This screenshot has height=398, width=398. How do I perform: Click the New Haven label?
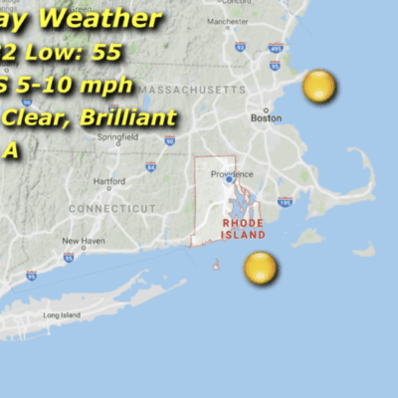[84, 241]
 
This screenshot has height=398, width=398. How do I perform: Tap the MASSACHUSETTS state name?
[191, 91]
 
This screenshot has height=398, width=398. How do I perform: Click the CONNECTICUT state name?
[112, 208]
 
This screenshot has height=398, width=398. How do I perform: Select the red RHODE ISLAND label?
[244, 229]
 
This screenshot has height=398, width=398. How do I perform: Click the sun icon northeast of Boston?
[319, 87]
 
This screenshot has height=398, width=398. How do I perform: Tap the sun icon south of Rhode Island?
[260, 267]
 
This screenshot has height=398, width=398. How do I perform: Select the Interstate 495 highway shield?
[276, 47]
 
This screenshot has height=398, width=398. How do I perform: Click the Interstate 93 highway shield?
[240, 46]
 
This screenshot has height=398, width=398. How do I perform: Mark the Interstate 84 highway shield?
[150, 166]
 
